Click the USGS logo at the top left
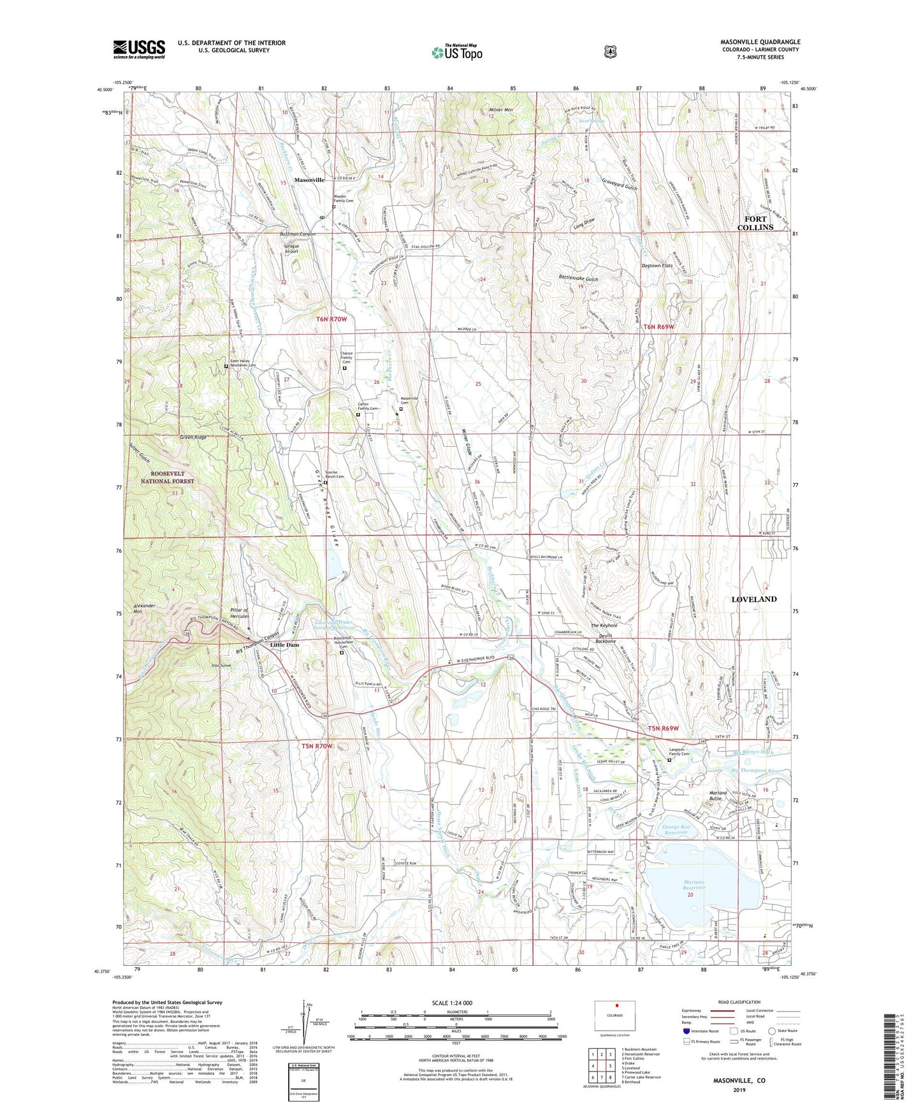(139, 49)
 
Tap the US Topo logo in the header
(457, 52)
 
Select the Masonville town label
(309, 180)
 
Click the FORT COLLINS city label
(755, 223)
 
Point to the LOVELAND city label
(753, 599)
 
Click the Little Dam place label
(284, 645)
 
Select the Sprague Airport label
(291, 248)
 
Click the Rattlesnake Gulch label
(578, 279)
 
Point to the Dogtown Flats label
(657, 265)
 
